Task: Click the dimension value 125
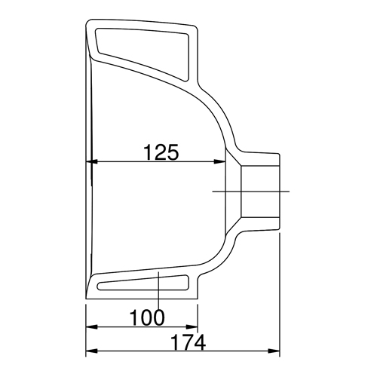161,152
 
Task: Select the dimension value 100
147,317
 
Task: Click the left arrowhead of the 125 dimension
91,161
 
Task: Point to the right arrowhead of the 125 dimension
220,161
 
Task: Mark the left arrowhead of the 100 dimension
91,327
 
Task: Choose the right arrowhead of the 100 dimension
192,327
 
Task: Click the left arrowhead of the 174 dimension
91,351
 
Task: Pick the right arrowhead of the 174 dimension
274,351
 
